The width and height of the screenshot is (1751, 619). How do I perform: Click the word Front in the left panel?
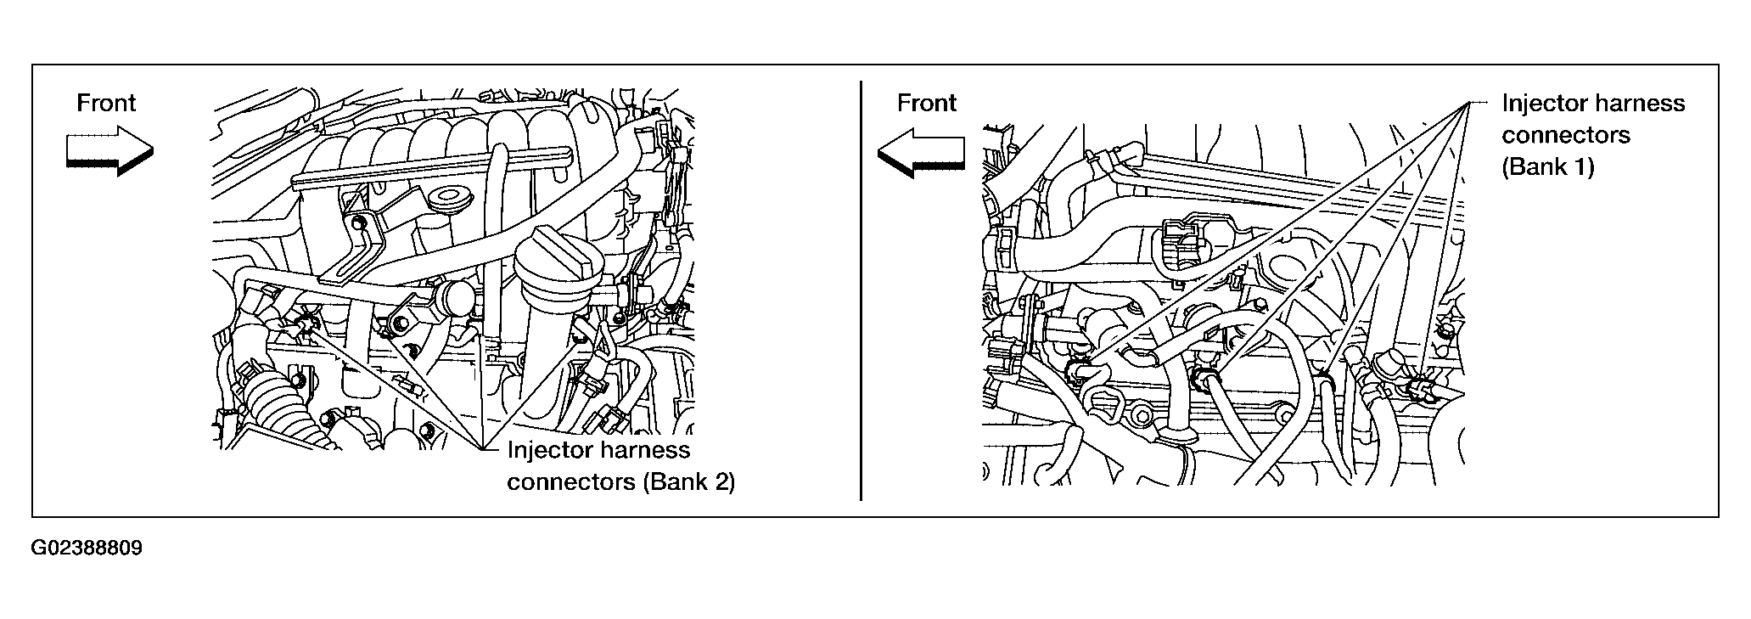pos(106,104)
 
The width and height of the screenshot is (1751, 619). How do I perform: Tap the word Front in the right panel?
pos(927,104)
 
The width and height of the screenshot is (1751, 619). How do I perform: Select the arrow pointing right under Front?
pos(109,151)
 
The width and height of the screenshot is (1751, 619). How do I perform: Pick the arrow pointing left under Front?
pos(921,153)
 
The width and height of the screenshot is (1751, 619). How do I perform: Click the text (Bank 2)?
pos(688,482)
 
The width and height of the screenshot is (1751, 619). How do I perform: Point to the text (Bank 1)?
pos(1548,167)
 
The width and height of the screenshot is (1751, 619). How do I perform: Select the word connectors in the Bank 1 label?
pos(1566,136)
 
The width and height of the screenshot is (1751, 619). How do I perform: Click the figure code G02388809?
pos(87,548)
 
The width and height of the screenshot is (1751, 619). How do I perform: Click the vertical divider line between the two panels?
pos(861,290)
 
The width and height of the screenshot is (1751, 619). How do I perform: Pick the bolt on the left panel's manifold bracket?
pos(358,222)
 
